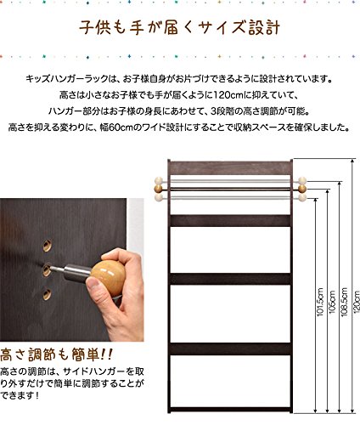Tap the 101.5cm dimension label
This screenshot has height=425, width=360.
[320, 302]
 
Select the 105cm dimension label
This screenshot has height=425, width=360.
[332, 302]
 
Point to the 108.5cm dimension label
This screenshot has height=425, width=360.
[344, 302]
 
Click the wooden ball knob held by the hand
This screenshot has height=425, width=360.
[108, 275]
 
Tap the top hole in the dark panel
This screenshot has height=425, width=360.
[48, 246]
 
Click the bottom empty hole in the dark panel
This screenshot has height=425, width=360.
[48, 295]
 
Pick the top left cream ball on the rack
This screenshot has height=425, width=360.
[159, 180]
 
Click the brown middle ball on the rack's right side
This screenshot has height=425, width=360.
[302, 189]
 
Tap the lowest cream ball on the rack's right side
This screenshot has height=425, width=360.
[302, 197]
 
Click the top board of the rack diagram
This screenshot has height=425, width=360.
[230, 167]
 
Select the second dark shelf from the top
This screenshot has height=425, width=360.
[230, 279]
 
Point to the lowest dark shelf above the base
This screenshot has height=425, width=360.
[230, 348]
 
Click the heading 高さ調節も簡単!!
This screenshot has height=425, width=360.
[56, 354]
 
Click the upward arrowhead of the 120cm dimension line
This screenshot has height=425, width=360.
[352, 161]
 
